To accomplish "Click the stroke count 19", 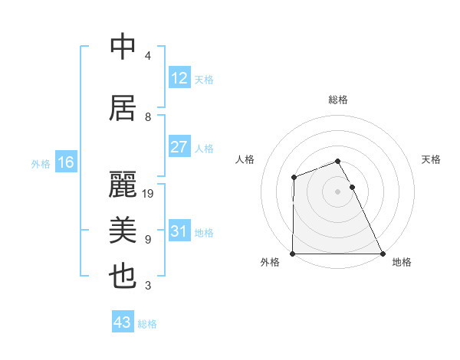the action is pyautogui.click(x=149, y=194).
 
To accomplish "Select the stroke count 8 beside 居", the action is pyautogui.click(x=148, y=117).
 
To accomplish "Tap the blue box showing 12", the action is pyautogui.click(x=179, y=78).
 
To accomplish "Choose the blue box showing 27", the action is pyautogui.click(x=179, y=147).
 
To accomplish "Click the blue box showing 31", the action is pyautogui.click(x=179, y=231).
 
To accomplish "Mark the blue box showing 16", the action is pyautogui.click(x=65, y=162).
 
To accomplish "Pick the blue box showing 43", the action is pyautogui.click(x=122, y=322).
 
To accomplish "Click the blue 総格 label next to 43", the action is pyautogui.click(x=147, y=324).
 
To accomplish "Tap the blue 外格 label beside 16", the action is pyautogui.click(x=41, y=163).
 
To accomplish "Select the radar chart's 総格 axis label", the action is pyautogui.click(x=338, y=100).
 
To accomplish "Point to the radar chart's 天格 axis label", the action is pyautogui.click(x=432, y=159).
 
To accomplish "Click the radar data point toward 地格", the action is pyautogui.click(x=382, y=254).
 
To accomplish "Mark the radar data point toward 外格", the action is pyautogui.click(x=293, y=254).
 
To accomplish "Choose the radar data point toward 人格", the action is pyautogui.click(x=294, y=178).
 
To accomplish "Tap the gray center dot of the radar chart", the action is pyautogui.click(x=337, y=191).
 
